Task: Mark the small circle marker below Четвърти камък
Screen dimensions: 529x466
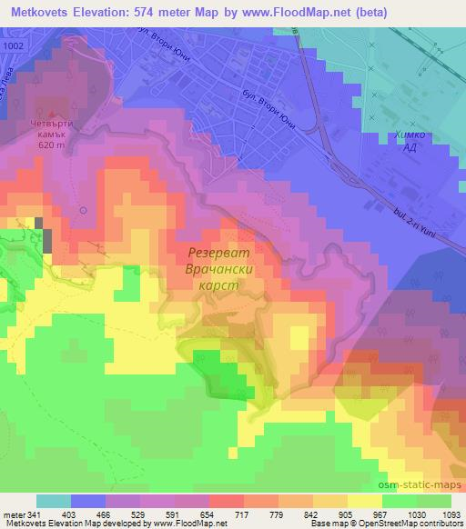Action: click(83, 210)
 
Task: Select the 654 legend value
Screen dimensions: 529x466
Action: click(209, 514)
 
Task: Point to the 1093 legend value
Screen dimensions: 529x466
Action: click(450, 514)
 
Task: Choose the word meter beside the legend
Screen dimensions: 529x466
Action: click(15, 514)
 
